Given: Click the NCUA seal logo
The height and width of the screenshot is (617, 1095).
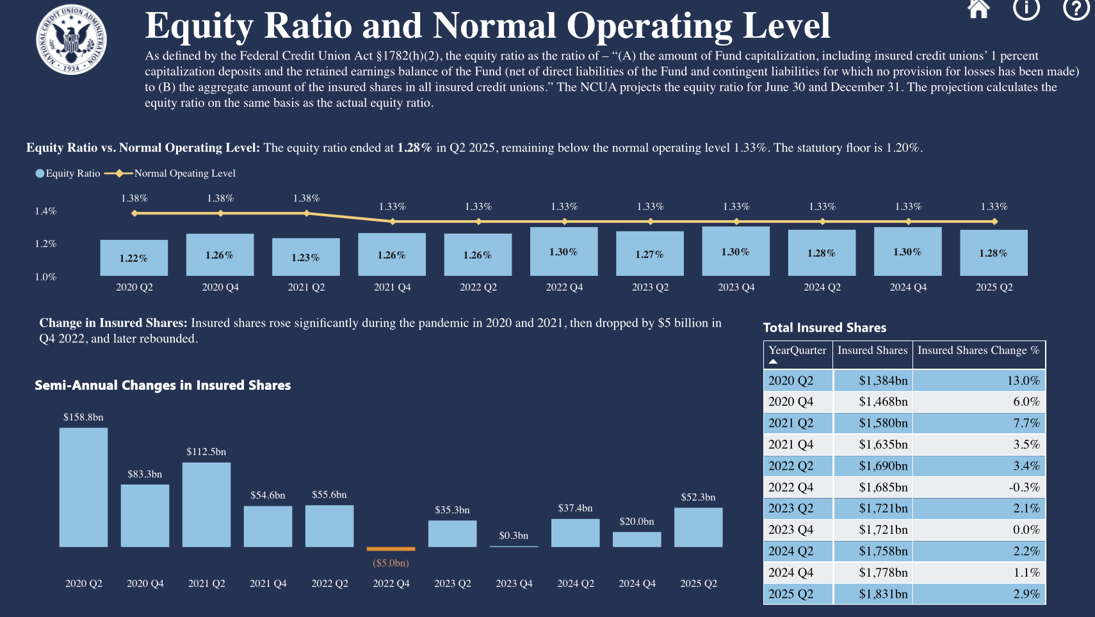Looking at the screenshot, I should [71, 40].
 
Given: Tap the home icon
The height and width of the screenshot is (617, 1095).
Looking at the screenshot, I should [978, 8].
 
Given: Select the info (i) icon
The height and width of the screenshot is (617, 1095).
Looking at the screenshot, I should [1026, 8].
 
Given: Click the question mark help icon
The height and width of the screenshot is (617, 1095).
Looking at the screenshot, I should [1076, 8].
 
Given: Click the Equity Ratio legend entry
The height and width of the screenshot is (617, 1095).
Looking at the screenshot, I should [68, 173].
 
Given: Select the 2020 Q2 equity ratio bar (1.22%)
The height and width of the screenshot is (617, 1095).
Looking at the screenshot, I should [134, 258].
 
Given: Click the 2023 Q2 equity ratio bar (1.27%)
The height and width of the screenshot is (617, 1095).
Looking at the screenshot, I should [650, 253].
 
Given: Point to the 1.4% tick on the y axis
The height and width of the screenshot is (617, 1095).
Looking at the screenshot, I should [45, 211].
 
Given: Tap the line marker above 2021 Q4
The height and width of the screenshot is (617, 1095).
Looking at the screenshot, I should [393, 221].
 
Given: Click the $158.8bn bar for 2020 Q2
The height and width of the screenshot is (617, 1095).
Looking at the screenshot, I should [83, 487].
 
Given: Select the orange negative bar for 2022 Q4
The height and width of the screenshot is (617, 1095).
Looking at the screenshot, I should [391, 549].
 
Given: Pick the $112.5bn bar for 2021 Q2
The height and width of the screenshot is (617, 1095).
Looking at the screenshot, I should [206, 504].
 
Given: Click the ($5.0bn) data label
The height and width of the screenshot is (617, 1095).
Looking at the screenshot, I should [391, 563].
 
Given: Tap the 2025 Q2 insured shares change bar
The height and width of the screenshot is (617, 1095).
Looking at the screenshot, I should [698, 527].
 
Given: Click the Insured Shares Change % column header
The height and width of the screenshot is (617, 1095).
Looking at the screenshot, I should [978, 351].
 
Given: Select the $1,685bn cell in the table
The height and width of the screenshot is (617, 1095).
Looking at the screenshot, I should [883, 488].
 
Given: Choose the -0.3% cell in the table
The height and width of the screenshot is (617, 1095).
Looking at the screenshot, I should [1024, 488].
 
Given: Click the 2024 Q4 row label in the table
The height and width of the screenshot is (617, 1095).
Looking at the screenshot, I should [791, 573].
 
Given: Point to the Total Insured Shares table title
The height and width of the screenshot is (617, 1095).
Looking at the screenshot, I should [825, 328].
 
